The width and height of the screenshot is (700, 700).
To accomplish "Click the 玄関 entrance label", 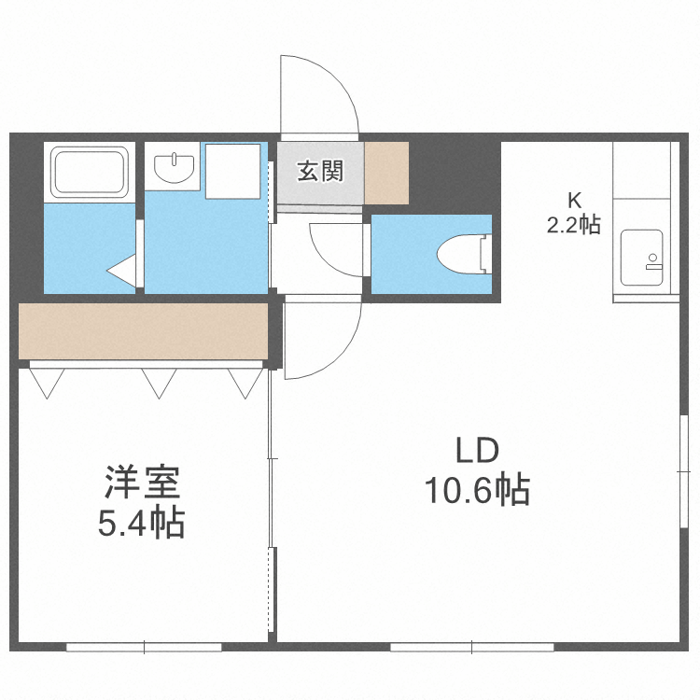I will pos(320,172).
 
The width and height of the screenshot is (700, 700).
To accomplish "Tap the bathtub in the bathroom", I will pos(90,172).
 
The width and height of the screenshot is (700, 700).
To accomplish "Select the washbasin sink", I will pos(173,167).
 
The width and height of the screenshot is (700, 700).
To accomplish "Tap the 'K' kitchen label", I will pos(574,199).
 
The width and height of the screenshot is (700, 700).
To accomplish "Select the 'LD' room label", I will pos(477,451).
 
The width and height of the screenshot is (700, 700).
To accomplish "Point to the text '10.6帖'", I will pos(478,489).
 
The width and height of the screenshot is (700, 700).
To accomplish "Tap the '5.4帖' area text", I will pos(142,523).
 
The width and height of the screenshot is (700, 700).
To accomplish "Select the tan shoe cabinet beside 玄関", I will pos(386,173).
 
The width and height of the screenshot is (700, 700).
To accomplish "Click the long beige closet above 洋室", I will pos(145,330).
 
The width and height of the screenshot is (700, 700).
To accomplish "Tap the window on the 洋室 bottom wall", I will pos(145,646).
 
